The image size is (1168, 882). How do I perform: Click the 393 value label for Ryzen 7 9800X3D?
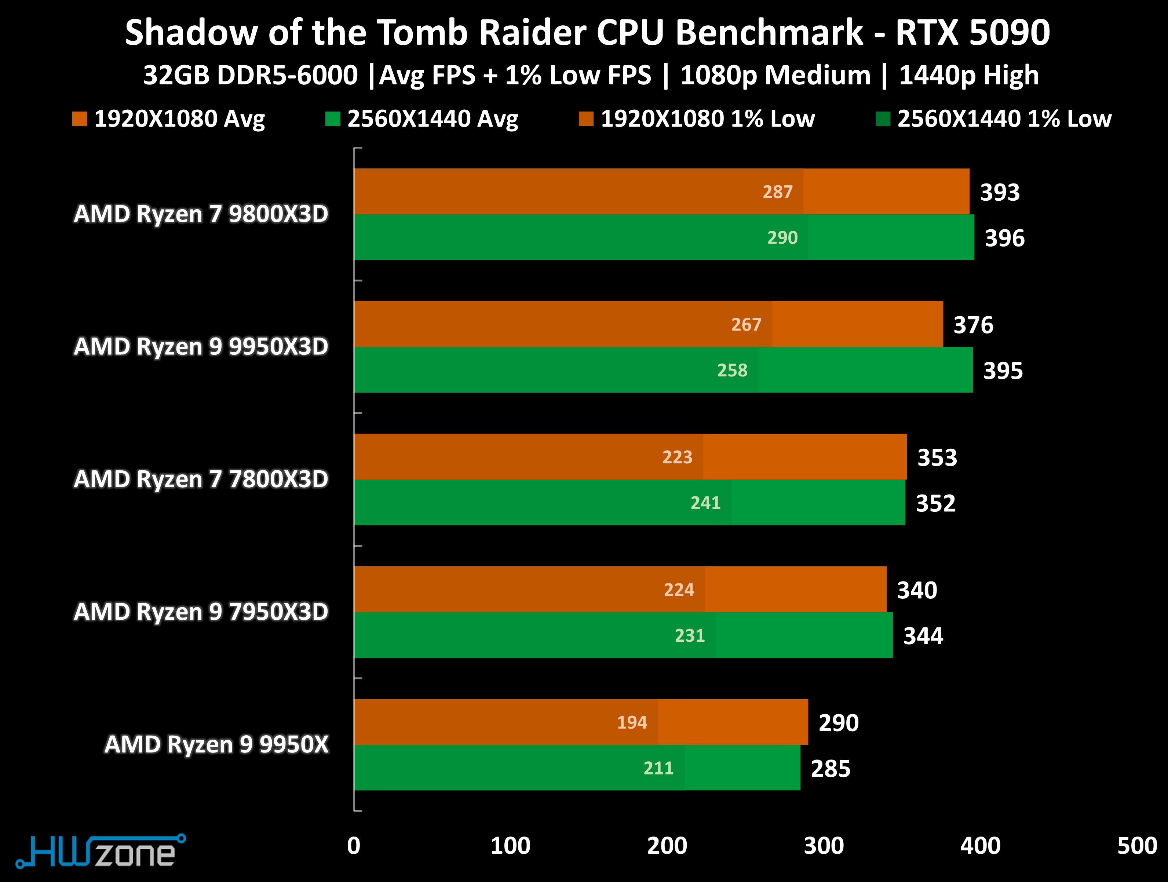pos(1000,192)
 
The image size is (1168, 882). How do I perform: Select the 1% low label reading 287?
pos(777,192)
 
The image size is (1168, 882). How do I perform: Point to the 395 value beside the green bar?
pos(1003,371)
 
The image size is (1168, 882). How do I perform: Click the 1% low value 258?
pos(732,370)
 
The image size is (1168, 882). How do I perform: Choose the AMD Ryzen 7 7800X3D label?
pos(201,479)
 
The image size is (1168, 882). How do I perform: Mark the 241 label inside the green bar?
pos(705,503)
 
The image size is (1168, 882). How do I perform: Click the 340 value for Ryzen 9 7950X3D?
pos(917,590)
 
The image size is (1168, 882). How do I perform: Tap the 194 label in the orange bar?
pos(632,722)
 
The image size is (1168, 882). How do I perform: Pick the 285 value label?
pos(831,769)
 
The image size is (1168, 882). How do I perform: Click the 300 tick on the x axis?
pos(824,846)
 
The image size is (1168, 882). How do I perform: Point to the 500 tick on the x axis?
pos(1137,846)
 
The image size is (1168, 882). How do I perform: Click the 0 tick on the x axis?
pos(354,846)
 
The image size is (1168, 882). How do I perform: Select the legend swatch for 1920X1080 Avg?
pos(79,119)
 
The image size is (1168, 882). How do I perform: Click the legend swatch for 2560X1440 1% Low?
pos(882,119)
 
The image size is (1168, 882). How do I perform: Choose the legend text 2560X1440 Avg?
pos(432,119)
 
